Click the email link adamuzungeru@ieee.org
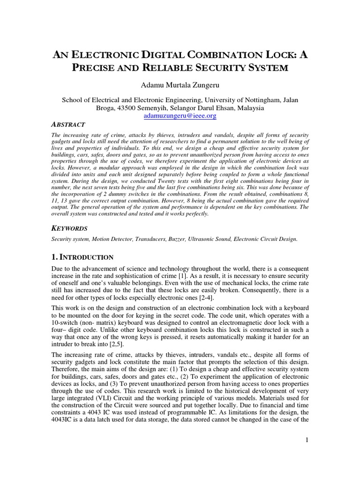[x=180, y=115]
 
